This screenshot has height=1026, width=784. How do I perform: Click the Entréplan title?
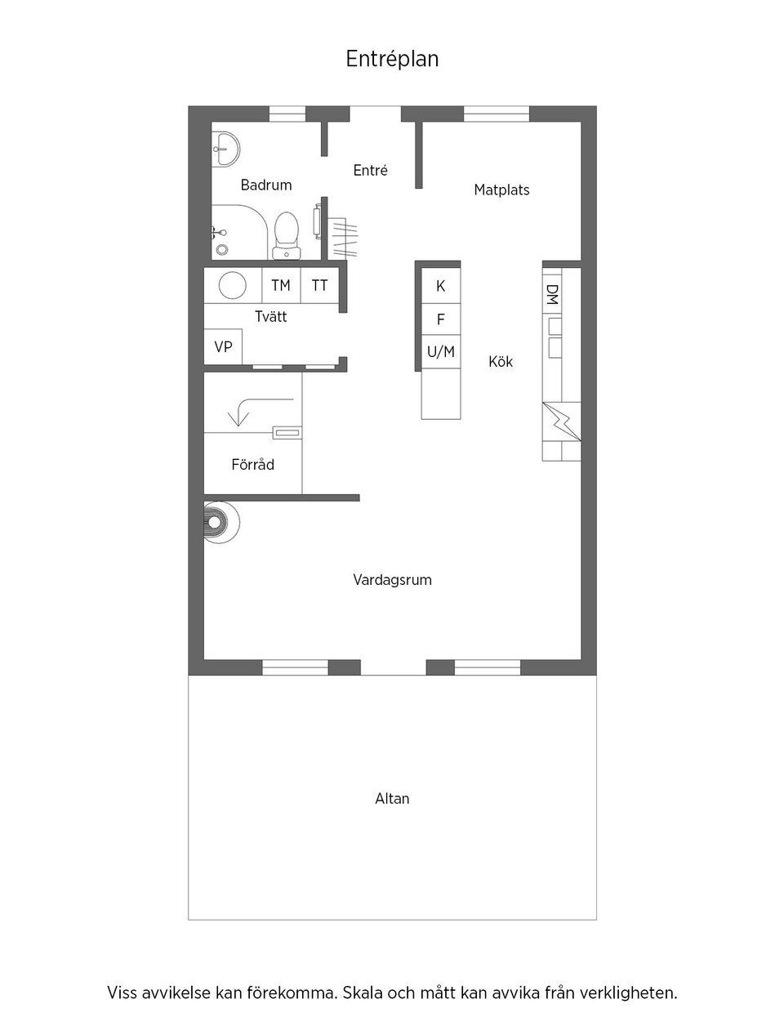coord(392,59)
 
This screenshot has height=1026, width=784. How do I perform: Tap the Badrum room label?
coord(266,185)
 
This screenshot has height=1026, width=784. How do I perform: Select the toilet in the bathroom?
coord(287,233)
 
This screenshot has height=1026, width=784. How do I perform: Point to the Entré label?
coord(370,171)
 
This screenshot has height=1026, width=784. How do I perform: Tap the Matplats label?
coord(501,190)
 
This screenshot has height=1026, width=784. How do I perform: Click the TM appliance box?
coord(281,285)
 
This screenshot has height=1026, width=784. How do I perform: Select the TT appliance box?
coord(319,285)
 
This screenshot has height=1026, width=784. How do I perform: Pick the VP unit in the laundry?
coord(223,347)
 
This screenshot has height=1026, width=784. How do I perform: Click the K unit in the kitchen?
coord(441,286)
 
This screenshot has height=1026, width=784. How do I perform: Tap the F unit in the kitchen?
coord(441,319)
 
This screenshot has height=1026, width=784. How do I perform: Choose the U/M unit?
coord(441,352)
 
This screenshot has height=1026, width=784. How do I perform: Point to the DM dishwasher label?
coord(552,295)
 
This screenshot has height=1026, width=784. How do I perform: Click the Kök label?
coord(501,361)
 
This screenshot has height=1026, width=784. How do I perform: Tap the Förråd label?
coord(252,465)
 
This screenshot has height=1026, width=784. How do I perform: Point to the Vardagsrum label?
coord(392,580)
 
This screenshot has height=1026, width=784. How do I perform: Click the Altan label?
coord(392,799)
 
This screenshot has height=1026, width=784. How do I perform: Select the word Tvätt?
coord(270,316)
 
